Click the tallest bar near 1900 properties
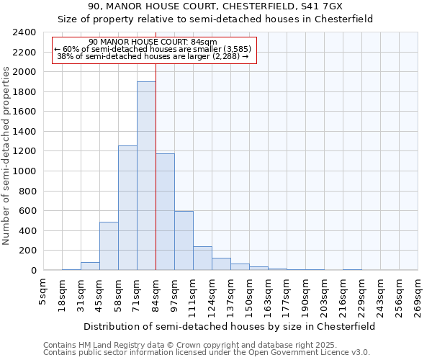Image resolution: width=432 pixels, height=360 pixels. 146,176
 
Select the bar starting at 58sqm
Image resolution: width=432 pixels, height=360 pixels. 127,208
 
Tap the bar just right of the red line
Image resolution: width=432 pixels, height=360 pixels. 165,212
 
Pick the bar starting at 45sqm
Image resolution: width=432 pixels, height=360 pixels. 109,246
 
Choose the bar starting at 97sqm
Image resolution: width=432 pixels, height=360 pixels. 184,240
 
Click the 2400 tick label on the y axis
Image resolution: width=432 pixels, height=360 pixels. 24,32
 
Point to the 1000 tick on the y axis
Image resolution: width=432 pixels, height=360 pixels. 24,171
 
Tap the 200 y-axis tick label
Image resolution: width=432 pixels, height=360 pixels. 27,251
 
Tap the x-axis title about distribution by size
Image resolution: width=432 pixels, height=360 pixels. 229,326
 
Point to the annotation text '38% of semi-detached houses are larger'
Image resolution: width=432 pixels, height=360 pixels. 152,56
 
